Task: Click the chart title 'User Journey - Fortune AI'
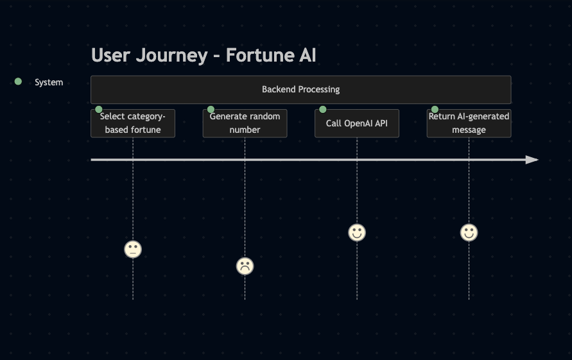[204, 55]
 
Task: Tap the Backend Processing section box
[301, 90]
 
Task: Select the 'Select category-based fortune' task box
[133, 123]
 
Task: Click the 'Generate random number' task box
[245, 123]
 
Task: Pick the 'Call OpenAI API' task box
[357, 123]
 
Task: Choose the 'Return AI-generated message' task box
[469, 123]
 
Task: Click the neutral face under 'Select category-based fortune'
[133, 250]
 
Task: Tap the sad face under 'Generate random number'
[245, 266]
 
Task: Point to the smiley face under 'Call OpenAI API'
[357, 233]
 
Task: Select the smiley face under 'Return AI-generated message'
[469, 233]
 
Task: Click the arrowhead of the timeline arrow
[532, 160]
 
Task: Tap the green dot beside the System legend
[18, 81]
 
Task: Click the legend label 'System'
[49, 82]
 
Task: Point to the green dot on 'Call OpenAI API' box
[322, 110]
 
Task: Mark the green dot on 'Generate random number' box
[211, 110]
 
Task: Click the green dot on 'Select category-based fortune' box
[98, 110]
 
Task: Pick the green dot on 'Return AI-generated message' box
[435, 110]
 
